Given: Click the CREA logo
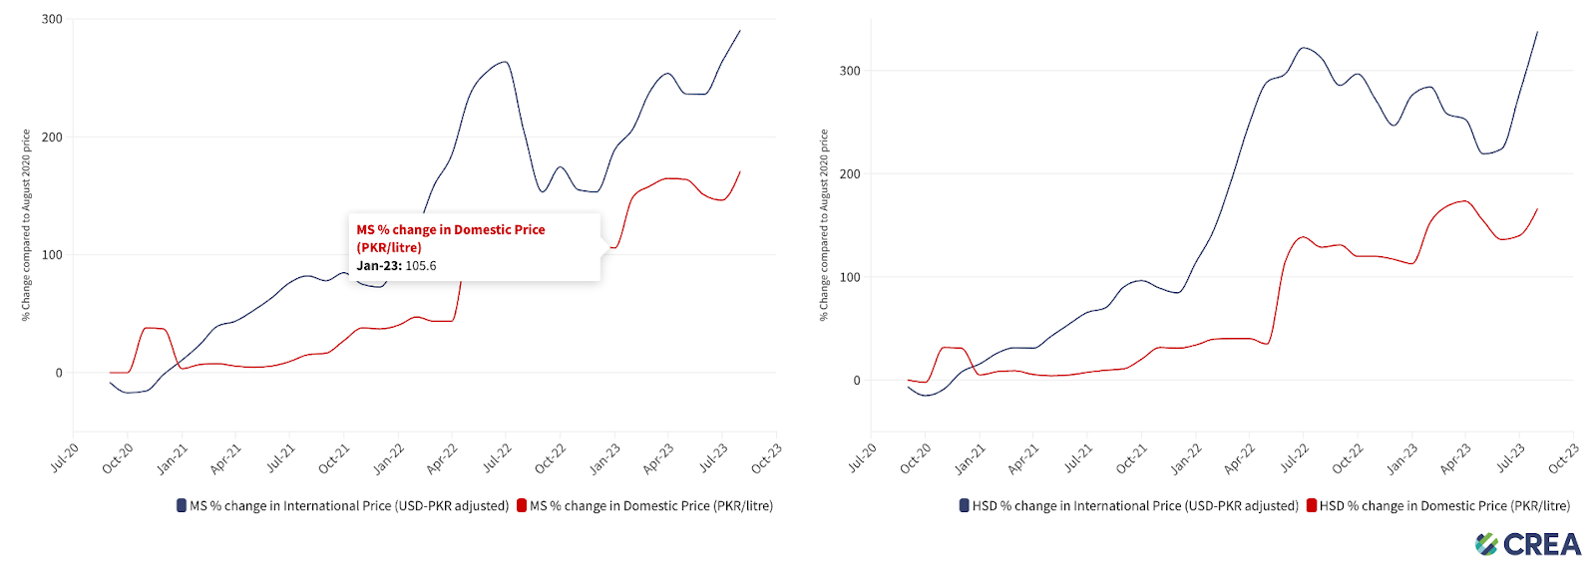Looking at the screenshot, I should (1528, 544).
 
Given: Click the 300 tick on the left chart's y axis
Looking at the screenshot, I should (52, 19).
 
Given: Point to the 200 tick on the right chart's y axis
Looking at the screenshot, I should (850, 174).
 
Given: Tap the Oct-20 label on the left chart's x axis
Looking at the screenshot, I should (118, 457).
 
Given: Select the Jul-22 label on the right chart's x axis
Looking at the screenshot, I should (1294, 457).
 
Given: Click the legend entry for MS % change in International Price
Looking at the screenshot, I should (343, 506).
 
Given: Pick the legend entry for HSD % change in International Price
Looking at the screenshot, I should (1129, 506).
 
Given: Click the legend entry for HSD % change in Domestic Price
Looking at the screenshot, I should (1438, 506).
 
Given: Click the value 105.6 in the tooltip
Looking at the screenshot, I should (421, 266).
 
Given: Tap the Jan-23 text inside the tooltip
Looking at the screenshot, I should (377, 266).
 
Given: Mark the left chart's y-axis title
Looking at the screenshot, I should (27, 225).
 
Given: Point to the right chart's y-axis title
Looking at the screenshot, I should (824, 225).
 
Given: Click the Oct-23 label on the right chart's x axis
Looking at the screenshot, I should (1563, 457).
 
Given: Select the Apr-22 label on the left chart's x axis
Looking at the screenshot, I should (442, 457).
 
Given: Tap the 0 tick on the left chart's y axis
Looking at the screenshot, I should (59, 373).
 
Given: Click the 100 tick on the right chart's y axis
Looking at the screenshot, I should (850, 277).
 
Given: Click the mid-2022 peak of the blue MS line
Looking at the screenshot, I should (506, 62).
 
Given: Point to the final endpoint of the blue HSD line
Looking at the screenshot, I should (1537, 32).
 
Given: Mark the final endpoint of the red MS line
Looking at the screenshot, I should (740, 171).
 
